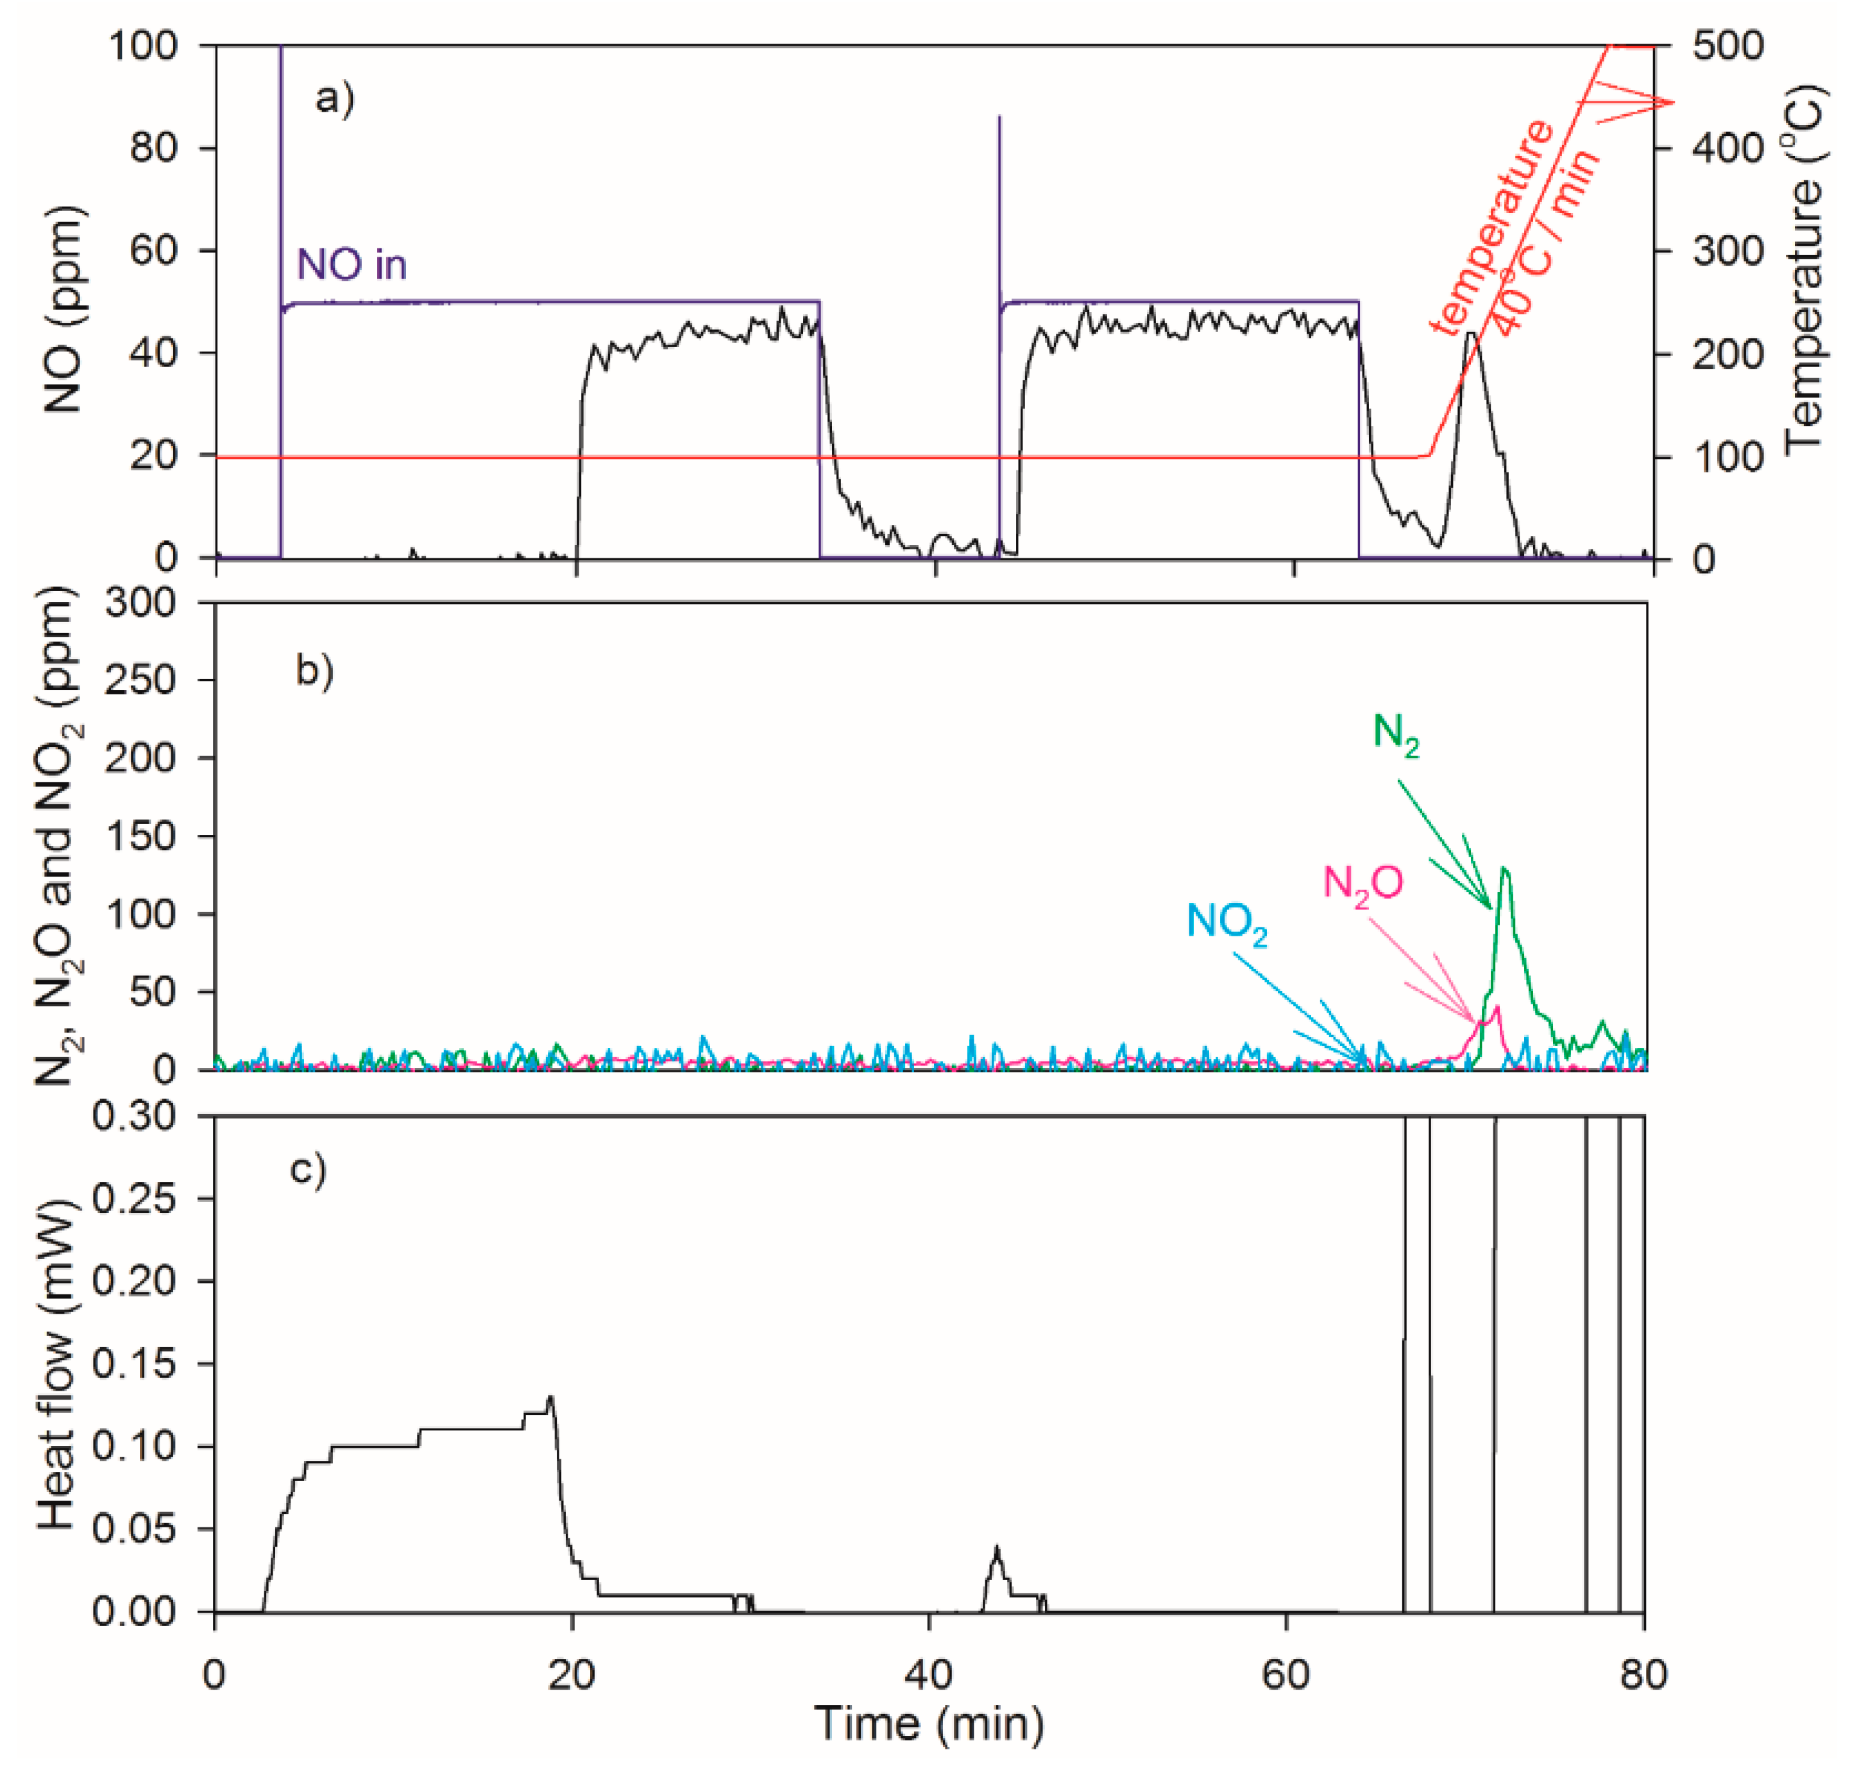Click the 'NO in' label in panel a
(x=352, y=265)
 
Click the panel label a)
(x=334, y=98)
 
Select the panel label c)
(x=308, y=1169)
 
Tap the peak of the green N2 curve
(x=1504, y=868)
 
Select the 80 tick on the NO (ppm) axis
(x=153, y=148)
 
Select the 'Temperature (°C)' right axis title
(x=1803, y=269)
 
